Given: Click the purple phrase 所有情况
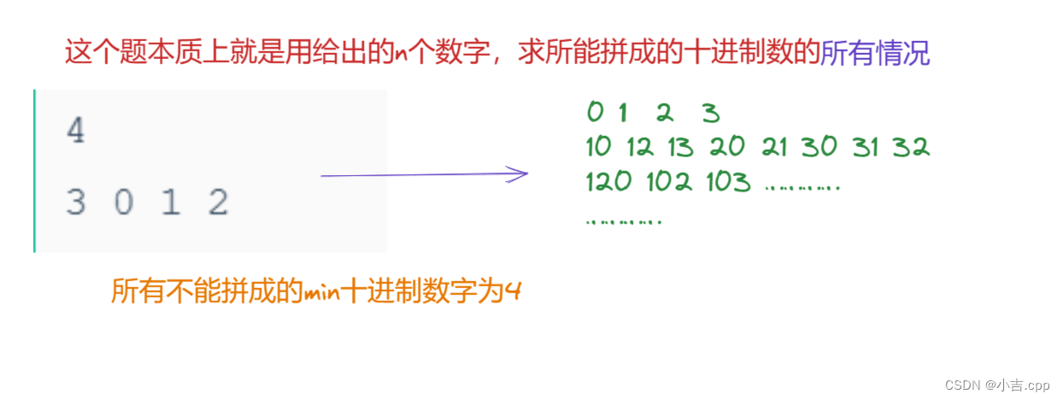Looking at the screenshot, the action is coord(875,54).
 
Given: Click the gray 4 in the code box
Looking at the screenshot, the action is coord(76,132).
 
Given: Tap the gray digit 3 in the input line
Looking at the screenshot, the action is coord(76,203).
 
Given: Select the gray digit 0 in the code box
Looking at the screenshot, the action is coord(124,203).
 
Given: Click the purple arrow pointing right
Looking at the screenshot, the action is coord(425,175).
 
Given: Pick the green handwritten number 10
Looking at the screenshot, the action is coord(599,147).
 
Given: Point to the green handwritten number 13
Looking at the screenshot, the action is coord(680,147).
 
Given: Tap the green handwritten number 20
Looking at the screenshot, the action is coord(727,147).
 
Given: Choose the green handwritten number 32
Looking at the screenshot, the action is coord(911,147).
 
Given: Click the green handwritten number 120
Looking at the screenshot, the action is coord(608,182).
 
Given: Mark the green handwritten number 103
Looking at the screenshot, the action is coord(728,182).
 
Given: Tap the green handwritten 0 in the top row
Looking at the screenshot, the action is coord(595,112).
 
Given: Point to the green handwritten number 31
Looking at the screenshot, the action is coord(865,147).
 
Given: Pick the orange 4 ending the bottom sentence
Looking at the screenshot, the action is coord(513,292).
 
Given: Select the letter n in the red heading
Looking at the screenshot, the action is coord(401,55).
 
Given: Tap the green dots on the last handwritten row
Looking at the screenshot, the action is coord(624,221).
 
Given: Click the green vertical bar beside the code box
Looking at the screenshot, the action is coord(35,171).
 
